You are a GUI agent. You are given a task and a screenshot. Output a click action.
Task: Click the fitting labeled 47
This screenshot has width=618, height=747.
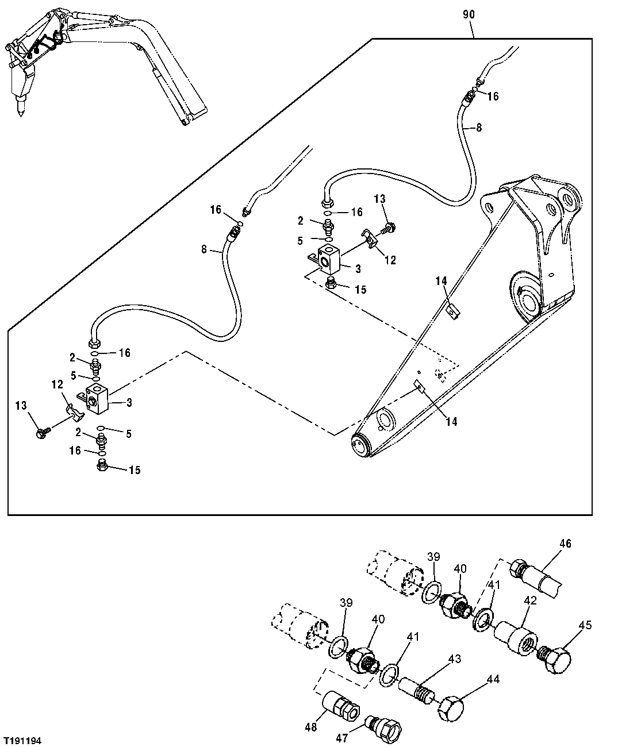tap(382, 725)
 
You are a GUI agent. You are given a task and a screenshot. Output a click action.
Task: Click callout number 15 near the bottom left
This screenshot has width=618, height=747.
tap(135, 470)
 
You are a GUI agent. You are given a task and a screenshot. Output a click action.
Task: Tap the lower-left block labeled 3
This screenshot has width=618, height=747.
tap(95, 397)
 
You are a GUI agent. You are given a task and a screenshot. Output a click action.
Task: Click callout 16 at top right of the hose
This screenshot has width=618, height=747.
tap(493, 97)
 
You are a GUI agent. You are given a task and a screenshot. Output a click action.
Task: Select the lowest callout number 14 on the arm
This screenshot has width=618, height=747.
tap(451, 422)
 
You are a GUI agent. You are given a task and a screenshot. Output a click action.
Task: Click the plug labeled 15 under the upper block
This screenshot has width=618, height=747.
tap(331, 284)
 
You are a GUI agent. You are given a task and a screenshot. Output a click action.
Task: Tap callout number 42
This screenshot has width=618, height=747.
tap(530, 600)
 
